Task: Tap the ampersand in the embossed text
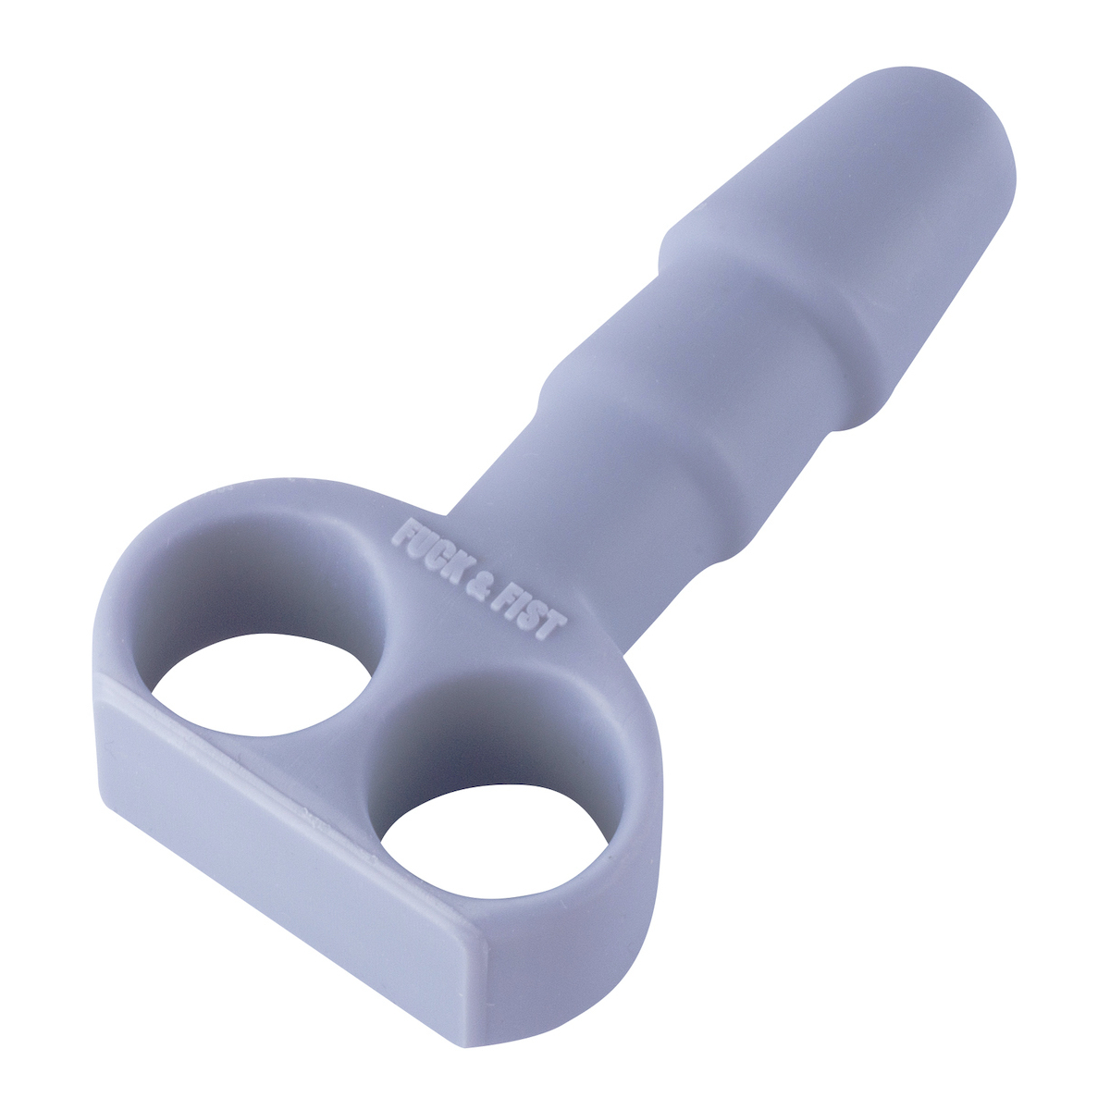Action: [488, 581]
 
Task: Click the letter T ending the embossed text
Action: [551, 629]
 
